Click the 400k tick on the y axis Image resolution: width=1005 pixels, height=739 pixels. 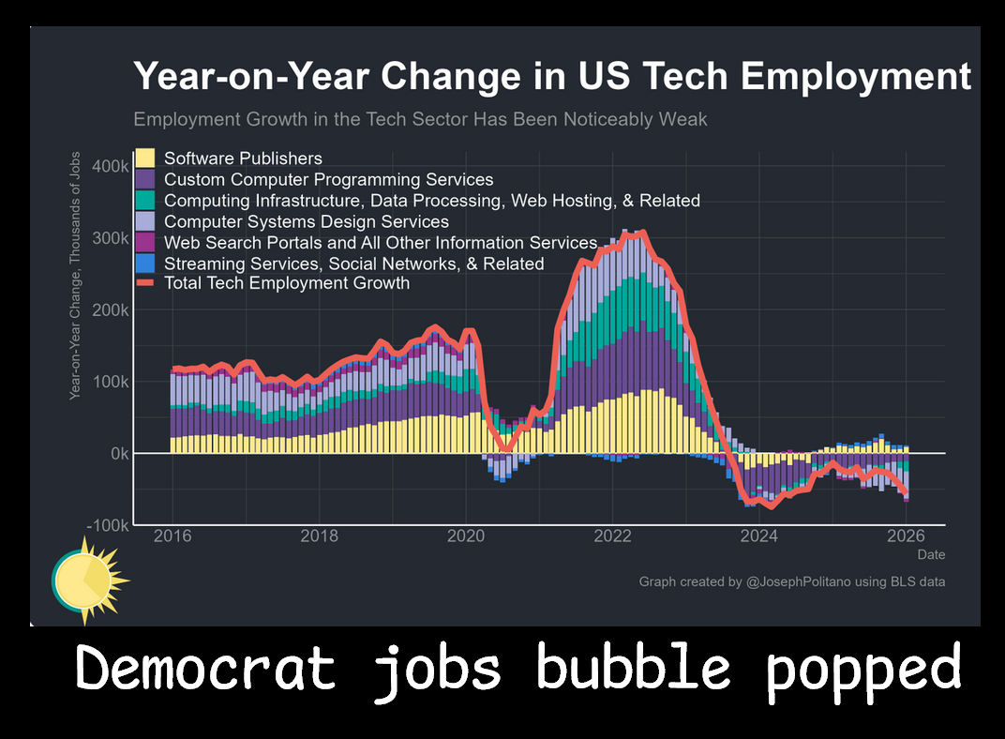tap(111, 166)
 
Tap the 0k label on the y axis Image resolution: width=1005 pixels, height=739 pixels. tap(118, 453)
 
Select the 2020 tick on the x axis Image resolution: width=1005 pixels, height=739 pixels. tap(466, 536)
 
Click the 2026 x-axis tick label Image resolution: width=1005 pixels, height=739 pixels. tap(906, 536)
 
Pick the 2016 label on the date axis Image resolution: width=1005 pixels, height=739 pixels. tap(172, 536)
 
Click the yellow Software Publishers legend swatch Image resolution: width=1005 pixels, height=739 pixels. tap(145, 158)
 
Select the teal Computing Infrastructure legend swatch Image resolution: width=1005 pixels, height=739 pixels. tap(145, 201)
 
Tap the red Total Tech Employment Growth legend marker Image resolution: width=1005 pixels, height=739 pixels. tap(145, 282)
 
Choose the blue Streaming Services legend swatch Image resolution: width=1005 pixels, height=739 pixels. tap(145, 264)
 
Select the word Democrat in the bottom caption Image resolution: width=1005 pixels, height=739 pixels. tap(205, 668)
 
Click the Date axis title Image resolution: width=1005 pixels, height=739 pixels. tap(931, 554)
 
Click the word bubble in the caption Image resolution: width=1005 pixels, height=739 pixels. tap(633, 668)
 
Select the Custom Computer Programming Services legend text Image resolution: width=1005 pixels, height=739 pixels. tap(328, 179)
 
